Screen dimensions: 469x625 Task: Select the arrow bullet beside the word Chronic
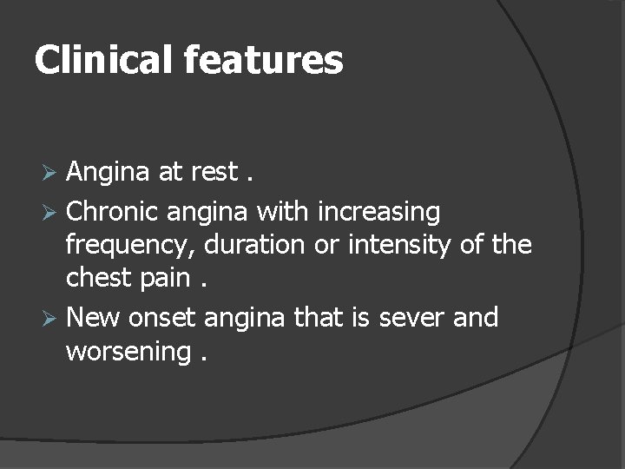tap(49, 211)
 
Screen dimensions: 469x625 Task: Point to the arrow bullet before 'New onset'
tap(49, 318)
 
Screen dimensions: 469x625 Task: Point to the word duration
tap(256, 246)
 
